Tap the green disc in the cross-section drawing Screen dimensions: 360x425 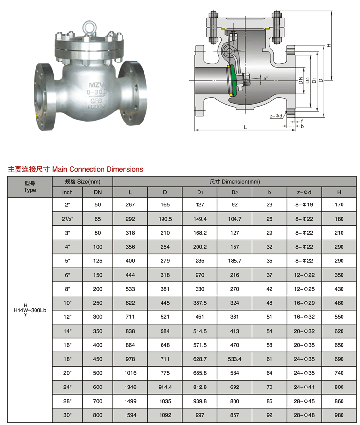click(x=234, y=81)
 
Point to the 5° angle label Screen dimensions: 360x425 click(x=266, y=78)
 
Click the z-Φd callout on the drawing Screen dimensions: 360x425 click(x=276, y=116)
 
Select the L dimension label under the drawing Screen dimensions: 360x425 click(x=245, y=127)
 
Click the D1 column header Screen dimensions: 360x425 click(x=200, y=192)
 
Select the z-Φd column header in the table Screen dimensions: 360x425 click(x=304, y=192)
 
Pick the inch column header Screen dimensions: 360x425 click(x=67, y=192)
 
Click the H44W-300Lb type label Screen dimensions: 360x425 click(x=30, y=310)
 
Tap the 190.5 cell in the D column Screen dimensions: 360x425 click(x=165, y=219)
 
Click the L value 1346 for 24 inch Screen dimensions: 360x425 click(x=130, y=387)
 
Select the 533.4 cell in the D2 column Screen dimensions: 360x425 click(x=234, y=359)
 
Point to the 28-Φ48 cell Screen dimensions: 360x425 click(x=304, y=415)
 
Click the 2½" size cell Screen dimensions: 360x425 click(x=67, y=219)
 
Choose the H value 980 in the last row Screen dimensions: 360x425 click(x=339, y=415)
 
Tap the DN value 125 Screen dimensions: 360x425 click(x=98, y=261)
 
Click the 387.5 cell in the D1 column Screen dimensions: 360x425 click(x=200, y=303)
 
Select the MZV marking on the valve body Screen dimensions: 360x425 click(x=96, y=85)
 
